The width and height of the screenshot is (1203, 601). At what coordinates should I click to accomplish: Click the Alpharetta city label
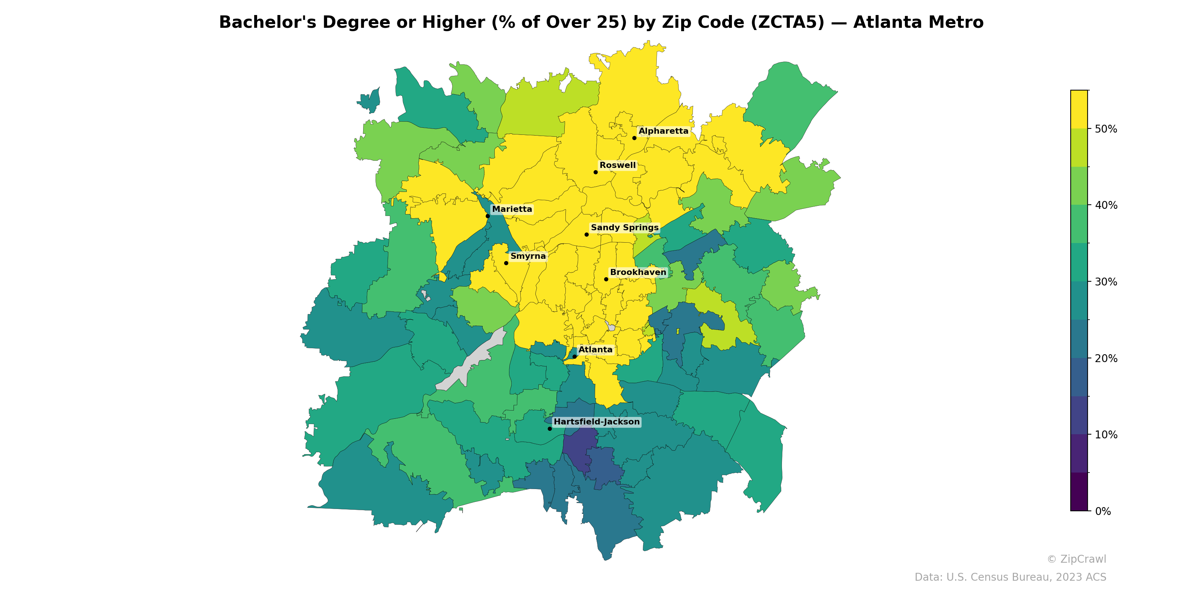click(x=663, y=131)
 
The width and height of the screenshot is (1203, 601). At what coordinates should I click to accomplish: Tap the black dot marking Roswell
click(x=595, y=172)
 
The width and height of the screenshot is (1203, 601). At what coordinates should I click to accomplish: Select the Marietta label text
click(x=512, y=209)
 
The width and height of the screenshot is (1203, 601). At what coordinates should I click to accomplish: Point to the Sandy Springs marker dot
click(x=586, y=234)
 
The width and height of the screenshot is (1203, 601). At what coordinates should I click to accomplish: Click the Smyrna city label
click(x=528, y=256)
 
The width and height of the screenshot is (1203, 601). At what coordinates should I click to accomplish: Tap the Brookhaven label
click(x=638, y=272)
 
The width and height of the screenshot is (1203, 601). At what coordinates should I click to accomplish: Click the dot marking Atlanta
click(x=574, y=356)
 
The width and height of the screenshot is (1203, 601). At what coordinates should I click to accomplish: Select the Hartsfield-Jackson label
click(x=596, y=422)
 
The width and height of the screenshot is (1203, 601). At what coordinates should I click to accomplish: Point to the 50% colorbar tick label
click(x=1106, y=129)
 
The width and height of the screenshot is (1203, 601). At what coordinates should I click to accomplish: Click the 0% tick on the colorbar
click(x=1103, y=511)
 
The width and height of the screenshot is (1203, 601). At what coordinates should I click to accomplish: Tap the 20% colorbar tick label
click(x=1106, y=358)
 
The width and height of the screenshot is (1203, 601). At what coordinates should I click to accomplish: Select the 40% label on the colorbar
click(x=1106, y=205)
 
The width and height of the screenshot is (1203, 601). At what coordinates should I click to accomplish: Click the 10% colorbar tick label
click(x=1106, y=435)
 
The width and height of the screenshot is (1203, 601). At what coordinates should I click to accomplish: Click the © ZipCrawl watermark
click(x=1076, y=559)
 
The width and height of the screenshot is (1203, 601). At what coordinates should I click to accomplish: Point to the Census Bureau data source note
click(x=1010, y=577)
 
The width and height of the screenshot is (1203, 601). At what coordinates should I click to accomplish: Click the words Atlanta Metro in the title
click(x=918, y=23)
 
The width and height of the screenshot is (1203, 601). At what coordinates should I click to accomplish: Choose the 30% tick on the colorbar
click(x=1106, y=282)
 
